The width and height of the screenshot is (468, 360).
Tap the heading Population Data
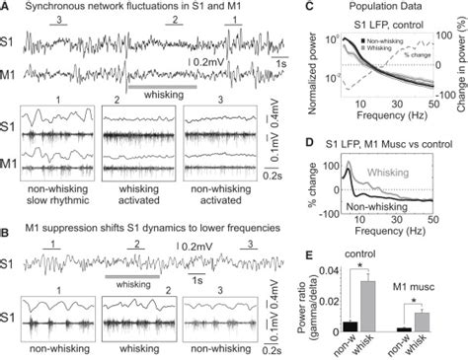(380, 7)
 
